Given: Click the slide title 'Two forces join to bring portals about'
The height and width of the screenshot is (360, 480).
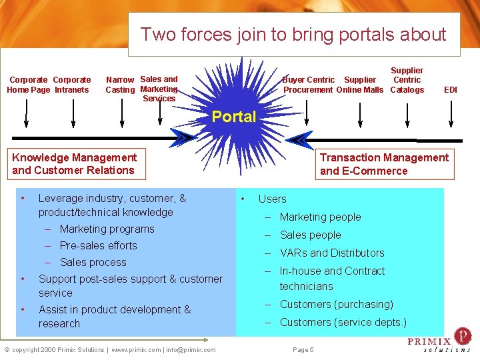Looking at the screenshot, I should [x=293, y=34].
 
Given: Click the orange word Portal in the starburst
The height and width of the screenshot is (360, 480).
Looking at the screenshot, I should [x=233, y=117].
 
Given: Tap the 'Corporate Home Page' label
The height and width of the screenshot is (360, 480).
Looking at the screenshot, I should [x=27, y=85].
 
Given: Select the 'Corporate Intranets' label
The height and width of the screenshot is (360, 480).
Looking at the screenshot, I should [x=71, y=85].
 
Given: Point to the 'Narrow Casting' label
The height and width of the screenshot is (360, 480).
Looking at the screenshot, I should [x=120, y=85].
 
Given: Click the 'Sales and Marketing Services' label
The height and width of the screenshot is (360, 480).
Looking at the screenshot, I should [x=159, y=89].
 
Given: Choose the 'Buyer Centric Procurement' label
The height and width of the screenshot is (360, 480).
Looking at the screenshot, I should [x=308, y=85].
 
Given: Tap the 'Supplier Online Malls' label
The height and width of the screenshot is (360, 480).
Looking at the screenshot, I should [x=360, y=85].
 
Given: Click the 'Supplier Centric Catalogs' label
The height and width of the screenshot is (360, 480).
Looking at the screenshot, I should [x=407, y=80].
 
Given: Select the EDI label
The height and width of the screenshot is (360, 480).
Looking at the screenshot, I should [x=451, y=89].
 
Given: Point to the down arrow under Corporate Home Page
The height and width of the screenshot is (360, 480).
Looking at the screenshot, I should [x=26, y=113].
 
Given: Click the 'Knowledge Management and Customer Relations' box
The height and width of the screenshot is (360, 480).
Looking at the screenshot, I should [x=74, y=164].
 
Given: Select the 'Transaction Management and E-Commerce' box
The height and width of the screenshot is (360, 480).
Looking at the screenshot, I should [x=384, y=164].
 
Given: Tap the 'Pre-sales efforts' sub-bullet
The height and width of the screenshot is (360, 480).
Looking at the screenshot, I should [x=98, y=245].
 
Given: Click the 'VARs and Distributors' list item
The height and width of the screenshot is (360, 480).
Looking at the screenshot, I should [x=332, y=253].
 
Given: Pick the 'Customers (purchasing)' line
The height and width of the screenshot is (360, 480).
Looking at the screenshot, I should [x=336, y=304].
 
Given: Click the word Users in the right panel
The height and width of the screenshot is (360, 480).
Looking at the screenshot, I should [x=272, y=199].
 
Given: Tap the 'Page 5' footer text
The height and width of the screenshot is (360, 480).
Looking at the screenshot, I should [x=303, y=349].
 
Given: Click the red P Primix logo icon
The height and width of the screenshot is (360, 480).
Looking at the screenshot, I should [x=461, y=335].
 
